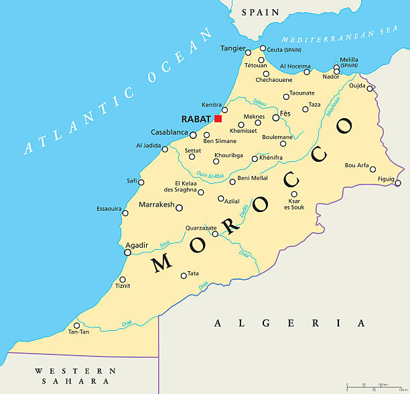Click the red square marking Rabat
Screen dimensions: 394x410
pos(218,119)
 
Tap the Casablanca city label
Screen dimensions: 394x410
pos(169,133)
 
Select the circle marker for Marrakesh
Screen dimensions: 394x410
pos(179,208)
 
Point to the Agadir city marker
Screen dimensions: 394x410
pos(128,252)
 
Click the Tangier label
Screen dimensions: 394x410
pos(232,48)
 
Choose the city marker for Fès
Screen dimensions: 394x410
pos(275,117)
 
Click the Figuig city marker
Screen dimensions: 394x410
pos(398,183)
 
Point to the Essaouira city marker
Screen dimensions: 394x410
pos(125,213)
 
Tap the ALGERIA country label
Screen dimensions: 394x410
pos(289,324)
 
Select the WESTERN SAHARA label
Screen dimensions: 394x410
pos(75,376)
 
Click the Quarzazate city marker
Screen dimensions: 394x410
pos(215,234)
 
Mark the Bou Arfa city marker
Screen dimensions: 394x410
pos(373,169)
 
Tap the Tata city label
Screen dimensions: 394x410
pos(194,273)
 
